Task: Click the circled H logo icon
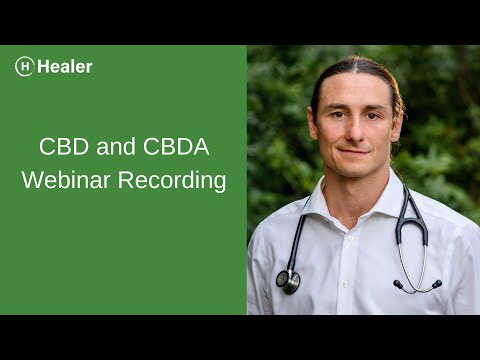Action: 25,67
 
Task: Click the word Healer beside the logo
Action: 66,67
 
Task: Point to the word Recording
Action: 183,182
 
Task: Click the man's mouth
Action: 353,151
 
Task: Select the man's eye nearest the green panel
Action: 336,113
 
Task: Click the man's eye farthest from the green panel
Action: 373,113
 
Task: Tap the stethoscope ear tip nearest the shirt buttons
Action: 398,286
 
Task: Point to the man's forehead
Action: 353,90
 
